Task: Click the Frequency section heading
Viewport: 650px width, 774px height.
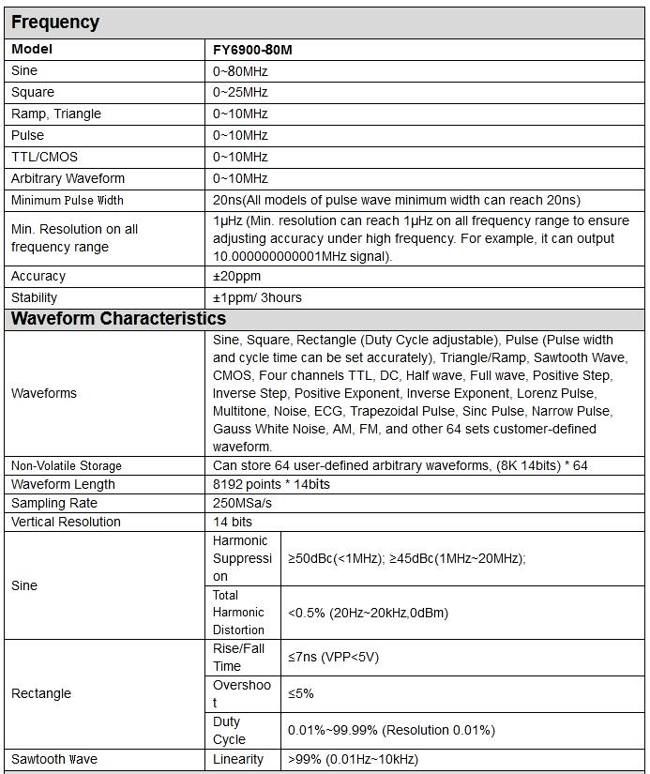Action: coord(54,23)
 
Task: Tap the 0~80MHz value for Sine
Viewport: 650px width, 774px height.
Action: coord(240,71)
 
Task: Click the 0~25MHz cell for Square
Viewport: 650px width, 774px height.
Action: coord(240,93)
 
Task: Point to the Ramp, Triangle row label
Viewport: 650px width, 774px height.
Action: coord(56,114)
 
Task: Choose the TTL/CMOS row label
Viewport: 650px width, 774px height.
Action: coord(46,158)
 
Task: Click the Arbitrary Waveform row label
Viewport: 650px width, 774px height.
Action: coord(68,179)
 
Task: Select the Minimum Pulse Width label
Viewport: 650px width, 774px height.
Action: coord(68,200)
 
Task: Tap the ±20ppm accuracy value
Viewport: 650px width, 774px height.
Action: coord(236,277)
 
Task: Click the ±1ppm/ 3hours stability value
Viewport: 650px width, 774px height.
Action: coord(257,298)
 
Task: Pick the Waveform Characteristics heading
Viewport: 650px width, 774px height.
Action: coord(118,319)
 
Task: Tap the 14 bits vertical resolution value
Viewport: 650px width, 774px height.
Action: coord(233,523)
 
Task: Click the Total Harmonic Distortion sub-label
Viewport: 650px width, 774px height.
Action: coord(239,613)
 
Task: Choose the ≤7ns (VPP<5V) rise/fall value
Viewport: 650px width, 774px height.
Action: coord(333,658)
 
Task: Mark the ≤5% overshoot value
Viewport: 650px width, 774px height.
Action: coord(301,694)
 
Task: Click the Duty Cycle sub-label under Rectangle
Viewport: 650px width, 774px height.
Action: coord(229,731)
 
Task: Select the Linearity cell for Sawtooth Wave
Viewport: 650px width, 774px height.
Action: coord(238,760)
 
